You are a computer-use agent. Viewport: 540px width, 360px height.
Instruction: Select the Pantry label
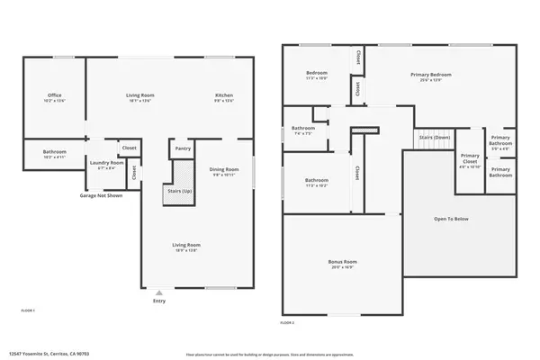click(183, 148)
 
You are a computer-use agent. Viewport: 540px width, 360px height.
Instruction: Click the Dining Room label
click(224, 172)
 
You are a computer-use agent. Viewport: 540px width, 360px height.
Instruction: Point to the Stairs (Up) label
click(180, 191)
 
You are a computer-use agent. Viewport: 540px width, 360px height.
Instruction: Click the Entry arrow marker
click(159, 292)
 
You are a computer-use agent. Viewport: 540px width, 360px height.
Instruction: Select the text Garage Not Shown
click(99, 195)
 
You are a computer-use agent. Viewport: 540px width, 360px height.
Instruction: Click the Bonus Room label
click(341, 264)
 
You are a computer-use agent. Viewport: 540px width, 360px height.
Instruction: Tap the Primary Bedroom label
click(432, 76)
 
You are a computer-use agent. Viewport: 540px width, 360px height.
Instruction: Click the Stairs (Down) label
click(433, 138)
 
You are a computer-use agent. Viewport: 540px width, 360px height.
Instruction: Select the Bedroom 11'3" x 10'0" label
click(317, 75)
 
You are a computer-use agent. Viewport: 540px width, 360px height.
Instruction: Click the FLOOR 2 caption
click(287, 321)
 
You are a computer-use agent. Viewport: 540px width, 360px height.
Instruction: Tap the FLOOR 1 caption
click(28, 310)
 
